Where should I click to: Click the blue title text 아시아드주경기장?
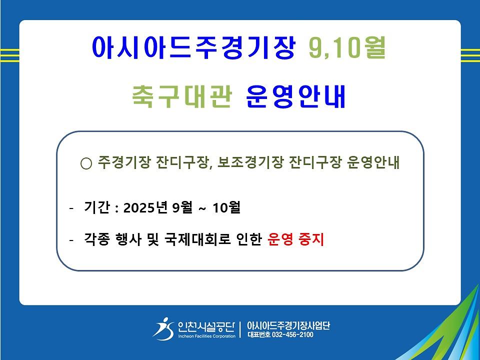194,47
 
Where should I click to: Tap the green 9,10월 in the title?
347,47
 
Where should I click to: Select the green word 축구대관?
182,96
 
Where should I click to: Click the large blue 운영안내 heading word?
295,96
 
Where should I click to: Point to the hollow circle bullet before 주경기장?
86,164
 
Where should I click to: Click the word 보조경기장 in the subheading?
250,162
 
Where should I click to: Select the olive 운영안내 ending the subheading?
373,162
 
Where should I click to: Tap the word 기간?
96,207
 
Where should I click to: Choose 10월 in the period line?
226,207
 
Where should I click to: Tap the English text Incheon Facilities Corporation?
207,336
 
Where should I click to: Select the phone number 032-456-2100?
292,334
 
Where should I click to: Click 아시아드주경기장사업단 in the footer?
288,325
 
